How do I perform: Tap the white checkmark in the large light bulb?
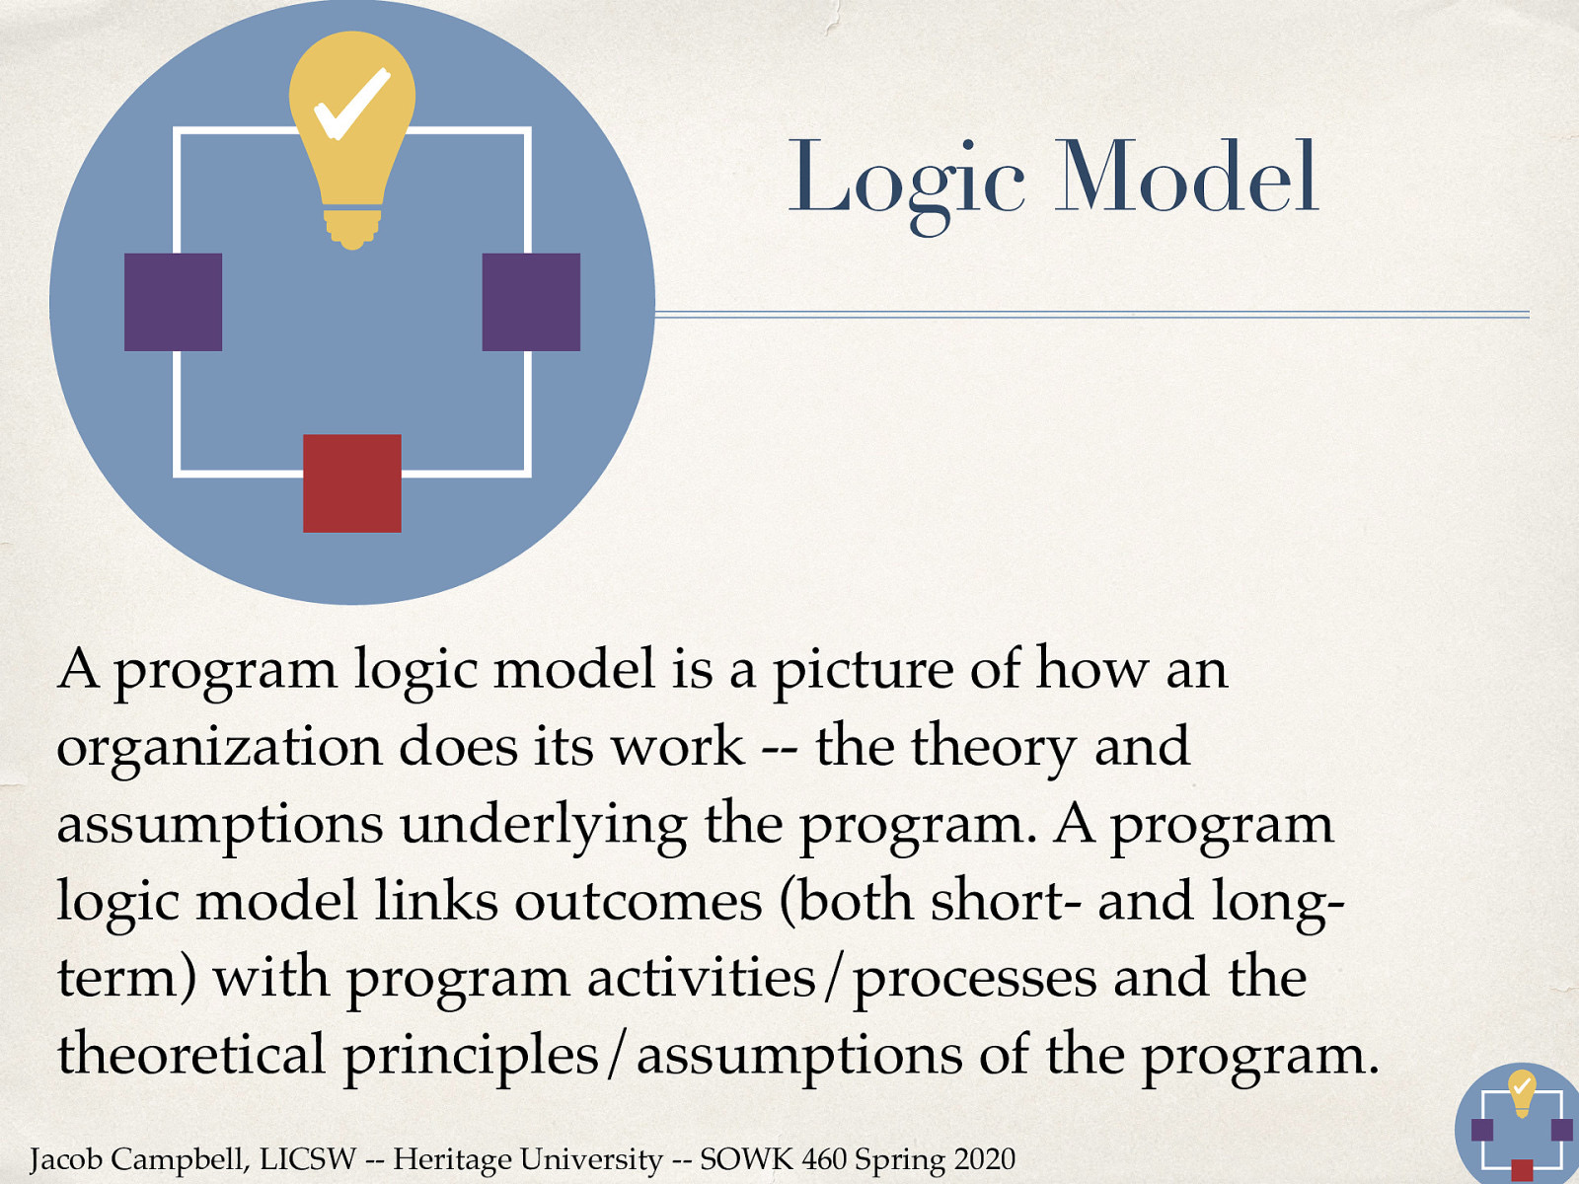point(350,104)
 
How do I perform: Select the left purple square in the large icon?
point(173,302)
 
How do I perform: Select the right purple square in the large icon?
point(531,302)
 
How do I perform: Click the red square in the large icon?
point(352,483)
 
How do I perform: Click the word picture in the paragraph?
point(862,671)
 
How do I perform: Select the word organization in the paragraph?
point(218,748)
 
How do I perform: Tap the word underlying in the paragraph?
point(543,826)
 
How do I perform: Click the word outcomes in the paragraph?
point(639,901)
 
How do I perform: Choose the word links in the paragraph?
point(435,901)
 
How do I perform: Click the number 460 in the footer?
point(823,1158)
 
